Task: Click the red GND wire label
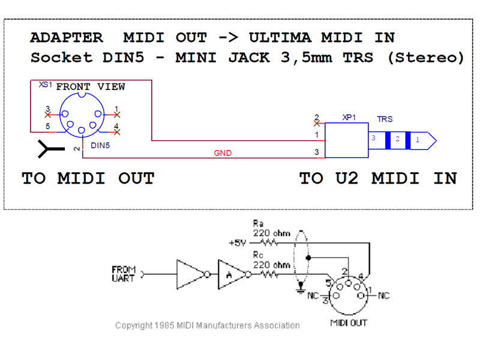point(223,153)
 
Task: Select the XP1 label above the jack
point(349,118)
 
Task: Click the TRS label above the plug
point(385,120)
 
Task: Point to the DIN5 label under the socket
point(99,146)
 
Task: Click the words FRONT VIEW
point(91,87)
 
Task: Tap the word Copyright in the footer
point(134,325)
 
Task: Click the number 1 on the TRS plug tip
point(418,140)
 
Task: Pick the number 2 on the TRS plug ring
point(397,140)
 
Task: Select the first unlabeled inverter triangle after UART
point(190,274)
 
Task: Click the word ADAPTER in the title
point(67,37)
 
